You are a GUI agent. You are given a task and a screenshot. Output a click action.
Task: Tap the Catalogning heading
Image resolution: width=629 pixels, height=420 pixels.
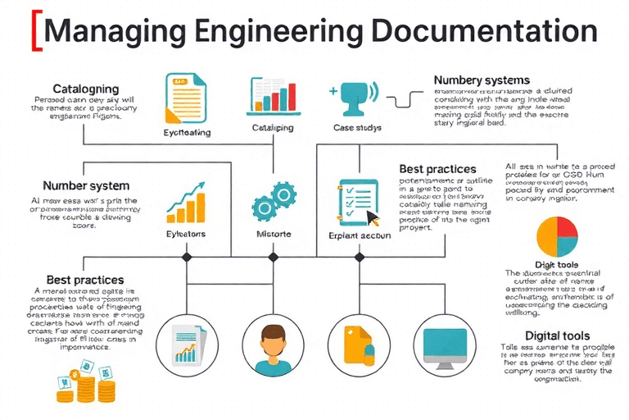(87, 89)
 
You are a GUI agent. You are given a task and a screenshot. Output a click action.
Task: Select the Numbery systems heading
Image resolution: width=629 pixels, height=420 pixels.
(482, 80)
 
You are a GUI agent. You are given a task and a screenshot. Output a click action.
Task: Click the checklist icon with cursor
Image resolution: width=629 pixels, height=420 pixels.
(358, 202)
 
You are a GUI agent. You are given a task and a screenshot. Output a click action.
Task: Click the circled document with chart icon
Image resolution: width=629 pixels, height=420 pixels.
(185, 343)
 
